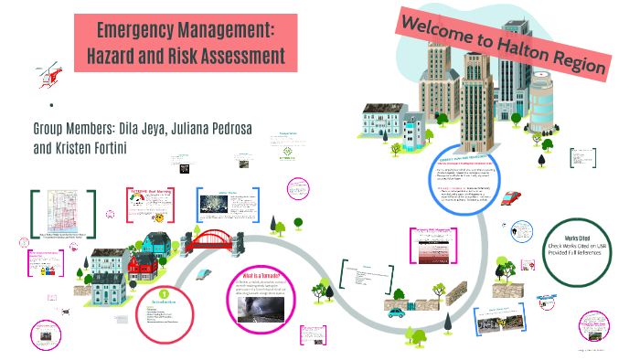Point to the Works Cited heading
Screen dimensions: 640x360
point(589,237)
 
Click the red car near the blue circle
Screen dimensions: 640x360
point(513,197)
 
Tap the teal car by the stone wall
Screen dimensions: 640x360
point(396,312)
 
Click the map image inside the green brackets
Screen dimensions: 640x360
point(63,215)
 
